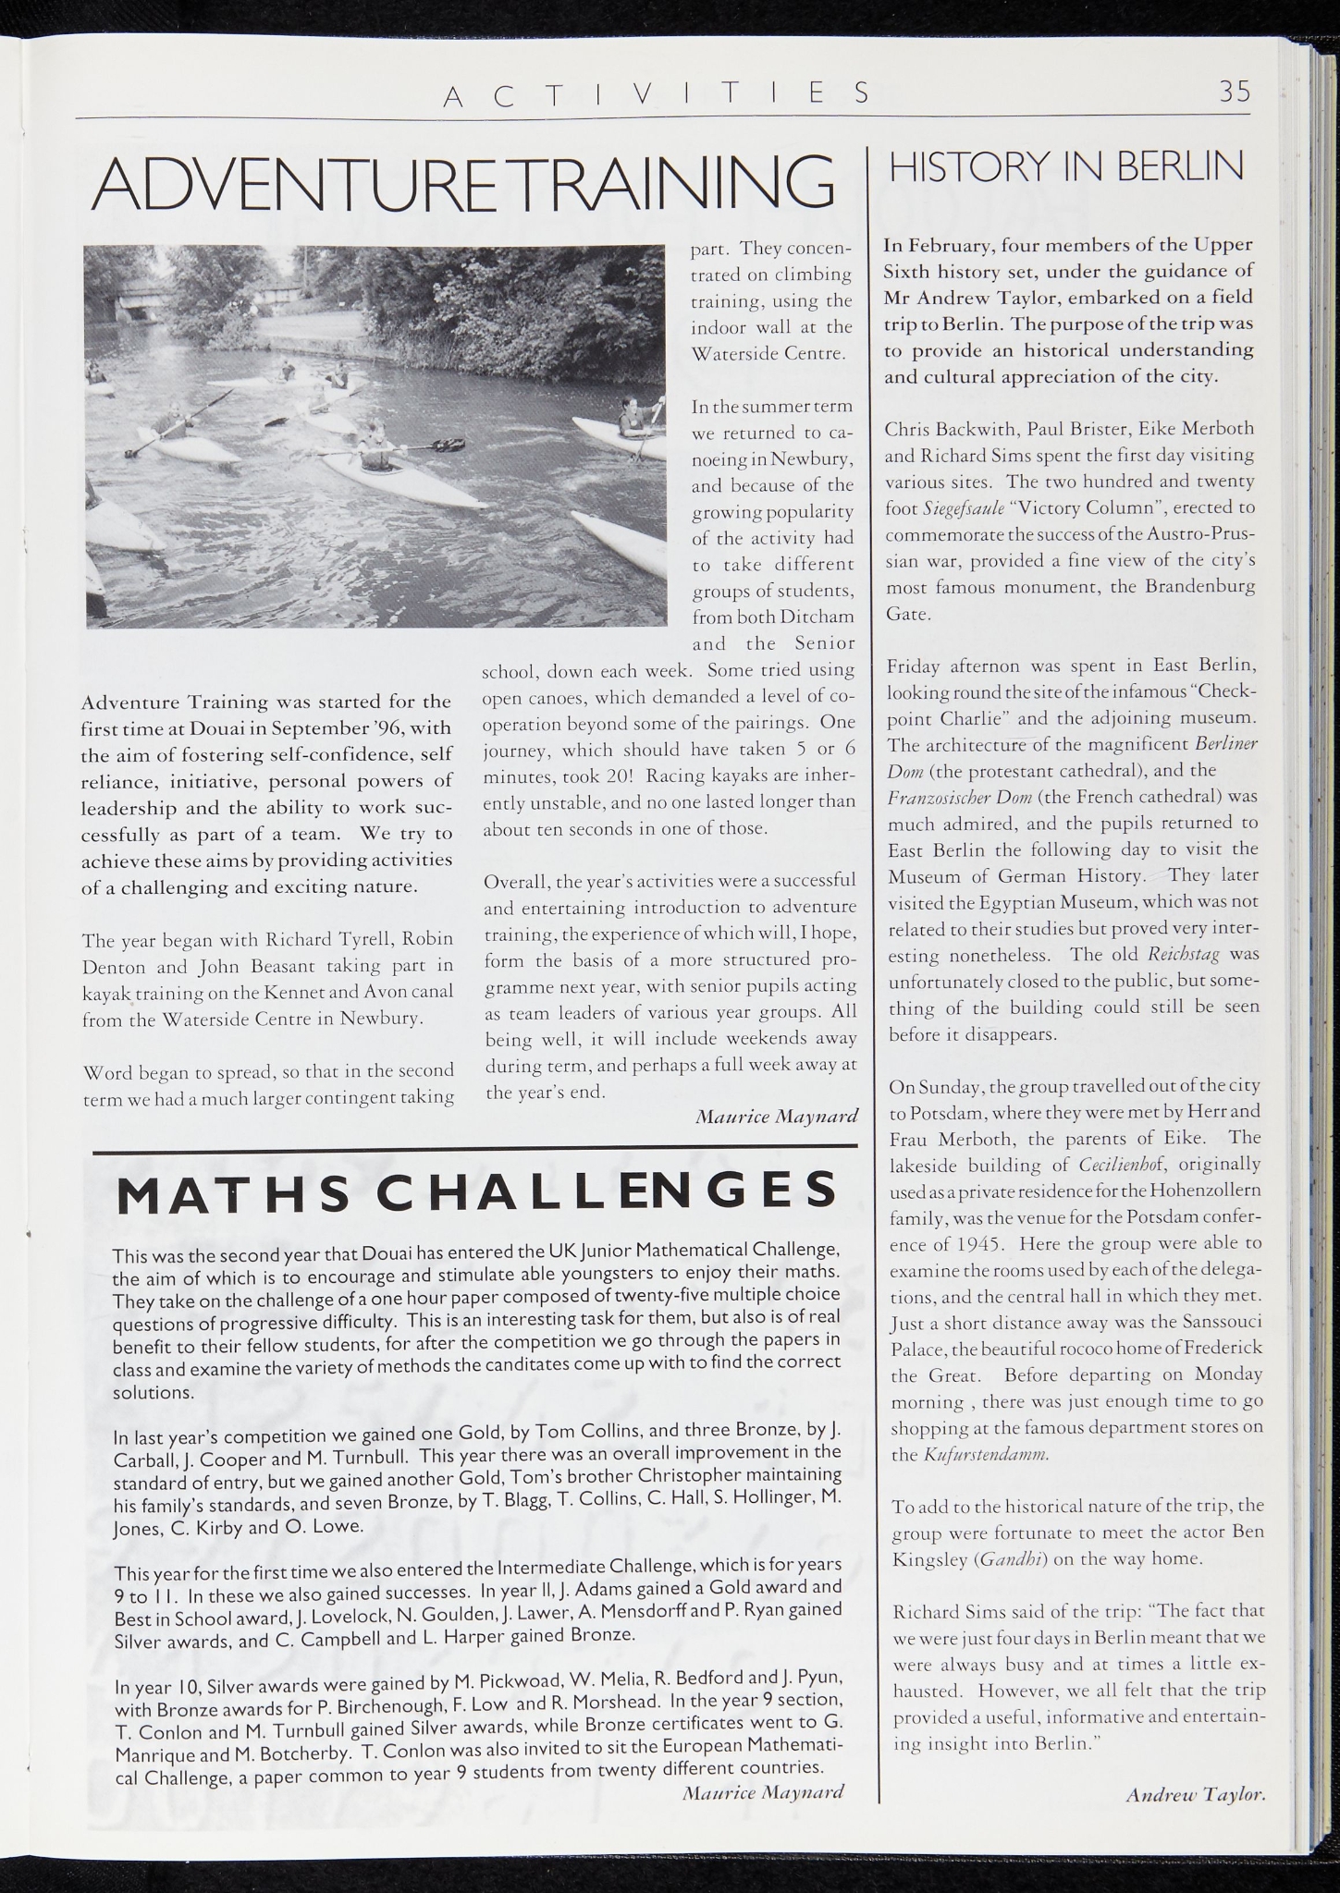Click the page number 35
point(1234,91)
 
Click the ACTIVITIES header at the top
point(657,93)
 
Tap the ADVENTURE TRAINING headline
point(462,183)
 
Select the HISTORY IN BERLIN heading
point(1065,167)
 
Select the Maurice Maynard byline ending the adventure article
point(776,1116)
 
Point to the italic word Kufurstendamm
point(985,1454)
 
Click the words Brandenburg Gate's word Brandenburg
point(1201,587)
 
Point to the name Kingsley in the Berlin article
point(928,1559)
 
